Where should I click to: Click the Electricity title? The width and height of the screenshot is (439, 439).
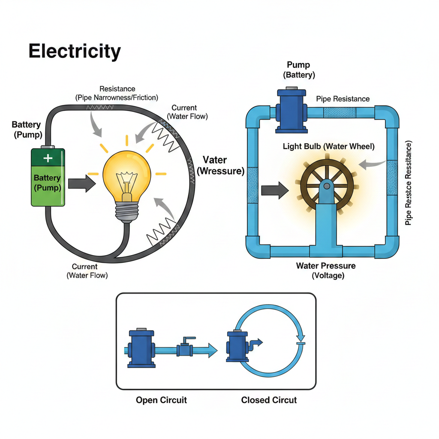pos(75,51)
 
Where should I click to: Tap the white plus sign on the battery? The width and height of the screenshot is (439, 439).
pos(48,158)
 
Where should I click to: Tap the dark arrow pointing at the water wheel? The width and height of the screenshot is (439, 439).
pos(275,189)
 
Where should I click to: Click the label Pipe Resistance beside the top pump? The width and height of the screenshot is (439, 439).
pos(343,99)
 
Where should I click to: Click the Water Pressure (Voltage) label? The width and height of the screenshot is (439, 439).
pos(326,271)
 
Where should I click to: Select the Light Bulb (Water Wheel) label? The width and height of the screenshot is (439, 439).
pos(328,147)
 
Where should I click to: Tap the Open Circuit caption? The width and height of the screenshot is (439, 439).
pos(161,400)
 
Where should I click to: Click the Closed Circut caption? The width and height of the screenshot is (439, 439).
pos(269,400)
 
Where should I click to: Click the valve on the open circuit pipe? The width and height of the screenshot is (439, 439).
pos(185,349)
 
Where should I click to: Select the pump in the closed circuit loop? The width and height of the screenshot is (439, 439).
pos(237,346)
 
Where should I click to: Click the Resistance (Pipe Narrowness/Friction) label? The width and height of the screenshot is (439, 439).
pos(117,93)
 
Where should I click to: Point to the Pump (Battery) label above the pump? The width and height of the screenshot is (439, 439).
pos(299,70)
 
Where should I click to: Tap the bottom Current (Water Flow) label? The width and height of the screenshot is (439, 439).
pos(87,271)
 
